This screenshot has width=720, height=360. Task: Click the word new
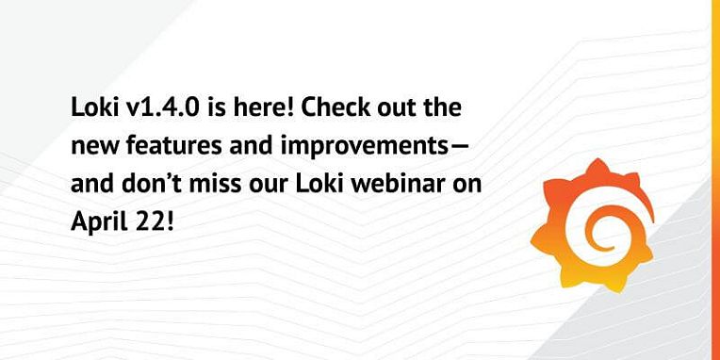click(x=90, y=146)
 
